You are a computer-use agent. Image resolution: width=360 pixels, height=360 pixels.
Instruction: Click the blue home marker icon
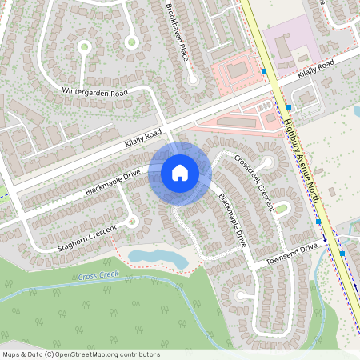[180, 173]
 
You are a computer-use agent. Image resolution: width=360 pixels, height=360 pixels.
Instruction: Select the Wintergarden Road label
[95, 93]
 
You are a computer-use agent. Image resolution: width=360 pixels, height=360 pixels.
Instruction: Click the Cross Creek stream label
[98, 276]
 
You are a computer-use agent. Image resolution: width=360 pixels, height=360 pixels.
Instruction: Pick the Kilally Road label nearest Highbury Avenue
[316, 70]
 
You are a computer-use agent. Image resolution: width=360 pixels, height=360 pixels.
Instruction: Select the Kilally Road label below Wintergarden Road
[143, 140]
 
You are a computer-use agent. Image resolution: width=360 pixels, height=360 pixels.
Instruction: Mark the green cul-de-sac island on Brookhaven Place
[192, 79]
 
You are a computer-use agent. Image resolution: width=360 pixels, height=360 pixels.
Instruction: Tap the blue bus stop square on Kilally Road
[264, 72]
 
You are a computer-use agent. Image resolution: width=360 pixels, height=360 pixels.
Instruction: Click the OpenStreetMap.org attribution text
[80, 354]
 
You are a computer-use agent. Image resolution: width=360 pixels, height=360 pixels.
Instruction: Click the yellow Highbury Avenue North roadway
[264, 40]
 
